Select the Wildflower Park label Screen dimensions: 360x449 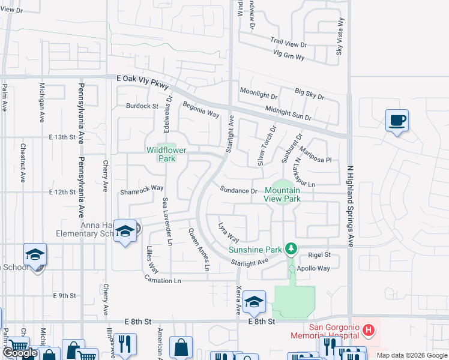(x=161, y=155)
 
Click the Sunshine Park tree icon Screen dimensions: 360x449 (x=291, y=248)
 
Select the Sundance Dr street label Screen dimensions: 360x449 (x=238, y=191)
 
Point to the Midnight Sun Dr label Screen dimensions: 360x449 (x=288, y=113)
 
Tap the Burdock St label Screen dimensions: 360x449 (x=142, y=106)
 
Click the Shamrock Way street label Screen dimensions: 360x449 (x=142, y=188)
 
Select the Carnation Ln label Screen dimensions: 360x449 (x=162, y=280)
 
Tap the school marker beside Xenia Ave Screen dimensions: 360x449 (x=255, y=301)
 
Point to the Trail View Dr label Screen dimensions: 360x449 (x=288, y=44)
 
